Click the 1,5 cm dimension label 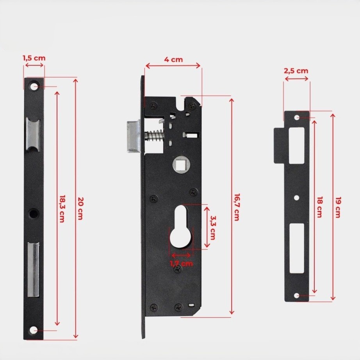coord(34,58)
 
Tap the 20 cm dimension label coord(80,208)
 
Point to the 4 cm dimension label coord(173,60)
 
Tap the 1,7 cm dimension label coord(182,264)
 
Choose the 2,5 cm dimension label coord(296,71)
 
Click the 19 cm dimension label coord(338,207)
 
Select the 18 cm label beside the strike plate coord(319,207)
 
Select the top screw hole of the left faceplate coord(35,86)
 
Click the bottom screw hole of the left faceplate coord(35,330)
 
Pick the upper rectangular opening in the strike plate coord(297,144)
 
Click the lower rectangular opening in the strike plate coord(297,248)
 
